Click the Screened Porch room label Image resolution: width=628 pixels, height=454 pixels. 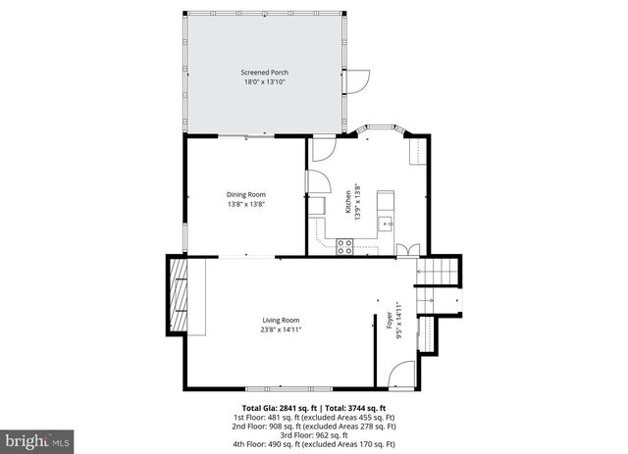tap(266, 73)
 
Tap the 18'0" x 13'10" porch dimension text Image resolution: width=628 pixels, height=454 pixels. tap(266, 81)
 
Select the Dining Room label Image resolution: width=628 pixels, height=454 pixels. tap(246, 194)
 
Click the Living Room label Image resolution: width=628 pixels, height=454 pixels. tap(281, 321)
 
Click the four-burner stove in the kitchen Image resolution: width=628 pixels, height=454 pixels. tap(345, 246)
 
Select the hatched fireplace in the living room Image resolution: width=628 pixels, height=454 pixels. tap(178, 295)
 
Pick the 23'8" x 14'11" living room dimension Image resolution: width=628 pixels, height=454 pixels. tap(281, 329)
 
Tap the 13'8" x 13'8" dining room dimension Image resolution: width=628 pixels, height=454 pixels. tap(246, 204)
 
